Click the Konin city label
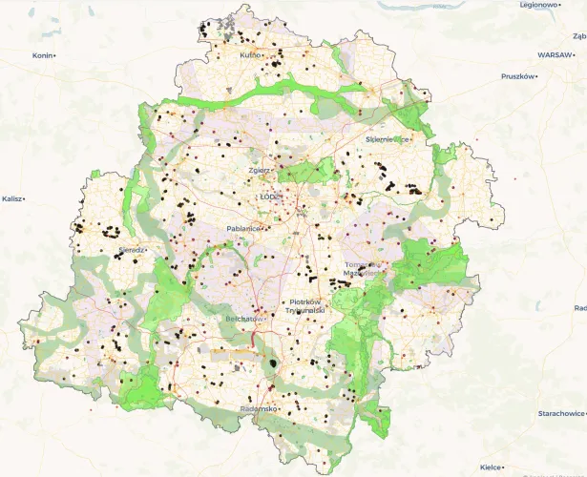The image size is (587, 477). pyautogui.click(x=42, y=55)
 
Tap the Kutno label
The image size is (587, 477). pyautogui.click(x=250, y=55)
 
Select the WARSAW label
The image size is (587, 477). pyautogui.click(x=554, y=55)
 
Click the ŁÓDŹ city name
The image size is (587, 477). pyautogui.click(x=270, y=197)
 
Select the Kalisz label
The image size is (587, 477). pyautogui.click(x=11, y=198)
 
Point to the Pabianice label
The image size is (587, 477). pyautogui.click(x=244, y=229)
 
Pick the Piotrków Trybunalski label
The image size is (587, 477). pyautogui.click(x=308, y=307)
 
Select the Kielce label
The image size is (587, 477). pyautogui.click(x=490, y=467)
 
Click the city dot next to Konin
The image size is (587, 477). pyautogui.click(x=55, y=55)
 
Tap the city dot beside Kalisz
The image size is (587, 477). pyautogui.click(x=24, y=198)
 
